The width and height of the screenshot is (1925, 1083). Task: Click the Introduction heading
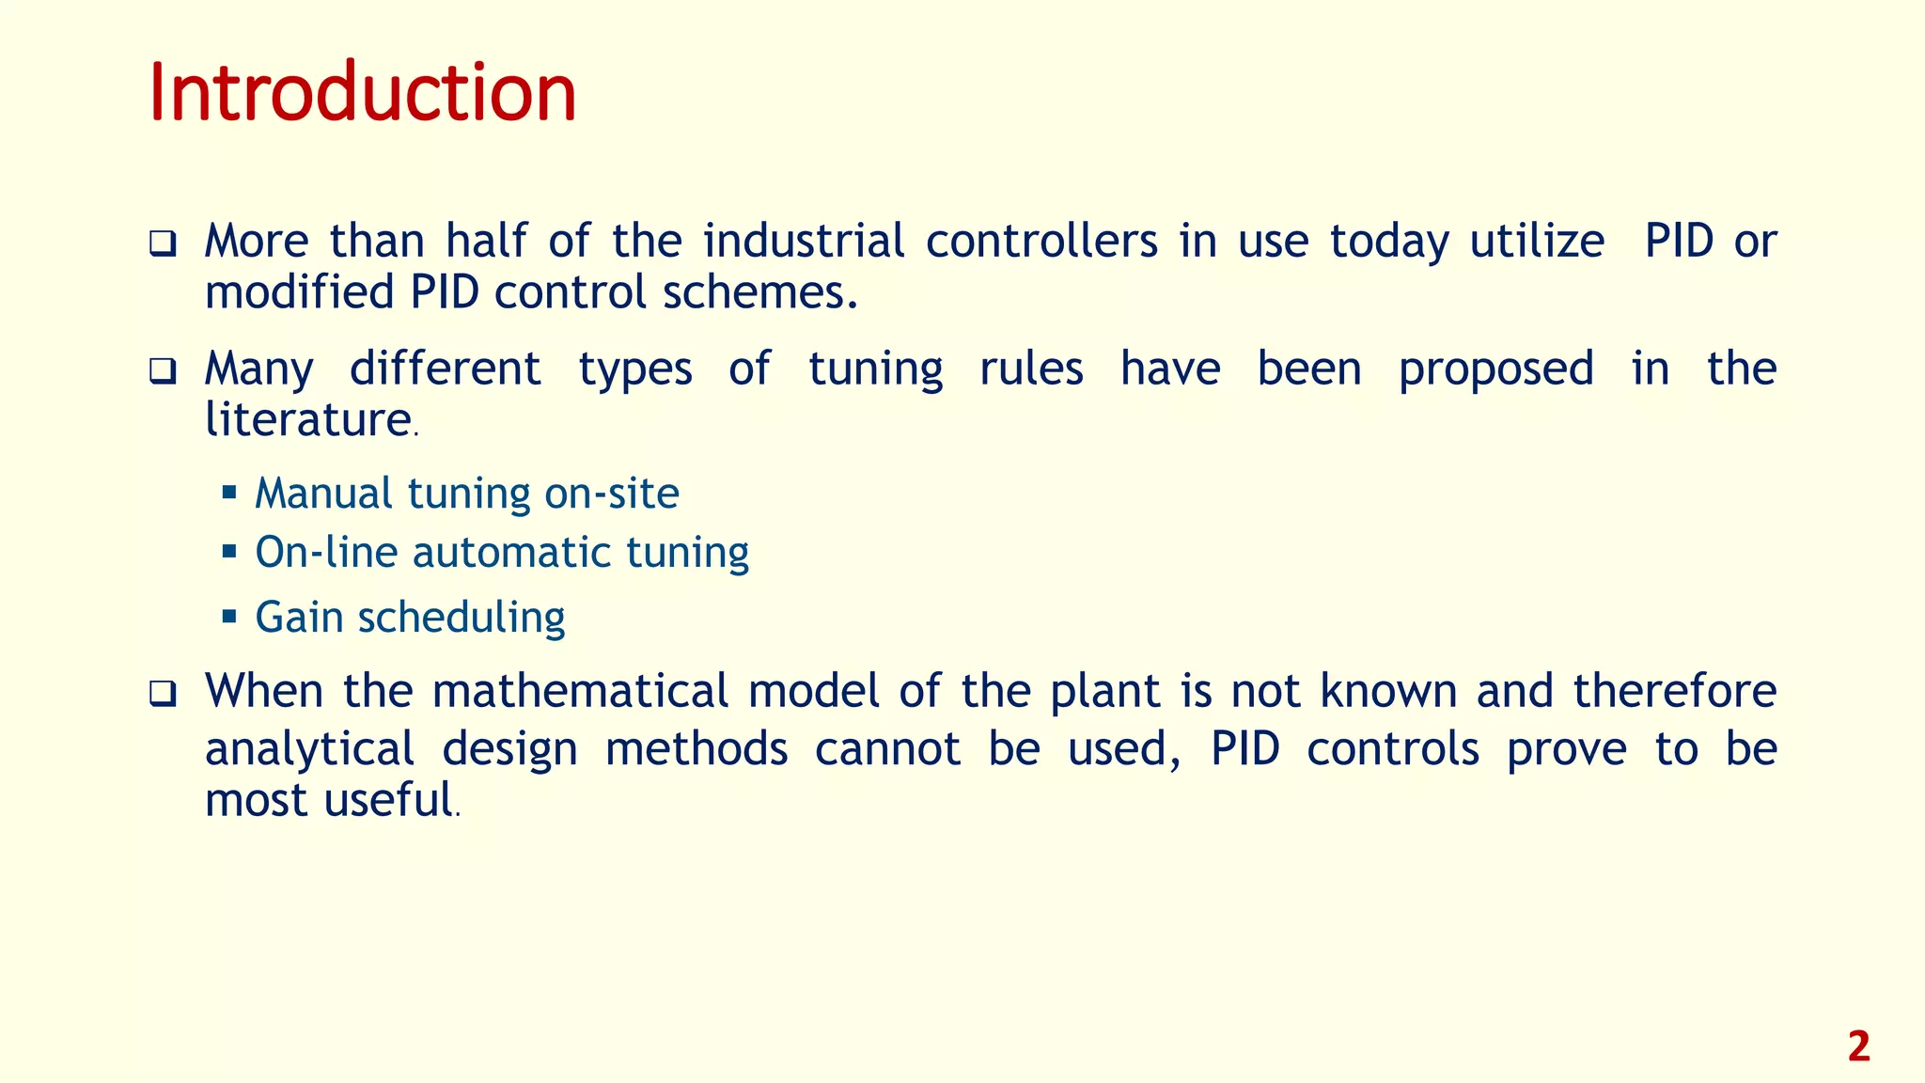[362, 92]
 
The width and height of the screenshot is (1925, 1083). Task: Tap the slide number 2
[1858, 1047]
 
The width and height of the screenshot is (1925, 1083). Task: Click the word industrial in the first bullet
[804, 241]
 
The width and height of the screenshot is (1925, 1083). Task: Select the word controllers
[1041, 241]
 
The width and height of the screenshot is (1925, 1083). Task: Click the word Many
[259, 369]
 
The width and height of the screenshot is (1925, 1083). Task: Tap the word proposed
[1495, 369]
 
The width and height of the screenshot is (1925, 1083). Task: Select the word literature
[308, 419]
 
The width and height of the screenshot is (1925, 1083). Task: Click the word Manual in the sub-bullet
[323, 494]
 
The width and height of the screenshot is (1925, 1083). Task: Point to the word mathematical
[580, 691]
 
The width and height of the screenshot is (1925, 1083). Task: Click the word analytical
[309, 750]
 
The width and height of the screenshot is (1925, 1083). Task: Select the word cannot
[887, 749]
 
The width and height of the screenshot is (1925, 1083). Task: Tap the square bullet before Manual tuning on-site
[229, 492]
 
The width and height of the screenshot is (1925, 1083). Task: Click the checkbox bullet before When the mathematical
[163, 696]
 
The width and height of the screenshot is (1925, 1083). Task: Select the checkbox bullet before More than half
[163, 245]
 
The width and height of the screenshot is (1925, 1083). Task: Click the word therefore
[1675, 691]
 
